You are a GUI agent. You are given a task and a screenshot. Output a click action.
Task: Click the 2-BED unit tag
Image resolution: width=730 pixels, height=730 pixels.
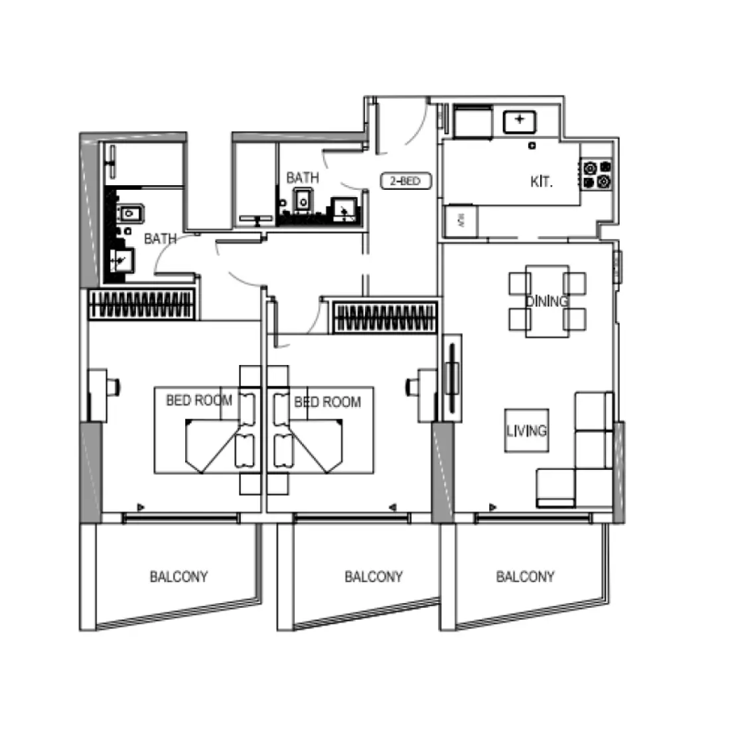tap(405, 181)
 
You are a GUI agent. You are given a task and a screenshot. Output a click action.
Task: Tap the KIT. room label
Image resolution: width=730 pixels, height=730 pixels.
tap(542, 181)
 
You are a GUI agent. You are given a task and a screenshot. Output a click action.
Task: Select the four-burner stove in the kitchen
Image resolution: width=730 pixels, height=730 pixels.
tap(596, 175)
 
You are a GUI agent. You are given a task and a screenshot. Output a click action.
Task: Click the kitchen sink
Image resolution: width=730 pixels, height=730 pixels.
tap(520, 121)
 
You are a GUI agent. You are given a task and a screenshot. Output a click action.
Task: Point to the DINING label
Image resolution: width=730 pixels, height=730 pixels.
tap(547, 301)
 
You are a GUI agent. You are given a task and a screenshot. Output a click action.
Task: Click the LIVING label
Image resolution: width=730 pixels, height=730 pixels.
tap(527, 431)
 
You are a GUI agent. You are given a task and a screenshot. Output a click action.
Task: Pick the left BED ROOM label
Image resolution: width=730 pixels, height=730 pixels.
tap(198, 400)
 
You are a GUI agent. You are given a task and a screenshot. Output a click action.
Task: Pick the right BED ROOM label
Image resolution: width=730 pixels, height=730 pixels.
tap(327, 402)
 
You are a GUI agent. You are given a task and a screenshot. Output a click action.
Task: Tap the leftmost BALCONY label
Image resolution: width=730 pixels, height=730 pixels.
tap(179, 577)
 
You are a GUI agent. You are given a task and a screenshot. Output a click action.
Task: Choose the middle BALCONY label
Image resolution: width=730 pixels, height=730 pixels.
tap(374, 577)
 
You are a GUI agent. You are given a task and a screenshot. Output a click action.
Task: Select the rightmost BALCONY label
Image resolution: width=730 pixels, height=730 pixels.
tap(524, 577)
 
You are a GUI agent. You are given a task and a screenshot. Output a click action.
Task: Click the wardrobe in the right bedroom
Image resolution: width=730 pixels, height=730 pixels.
tap(385, 317)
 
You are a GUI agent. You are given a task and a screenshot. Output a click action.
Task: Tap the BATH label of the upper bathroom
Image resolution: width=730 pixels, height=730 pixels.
tap(302, 178)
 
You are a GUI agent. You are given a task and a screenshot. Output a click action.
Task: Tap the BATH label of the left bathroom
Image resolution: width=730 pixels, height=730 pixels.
tap(160, 238)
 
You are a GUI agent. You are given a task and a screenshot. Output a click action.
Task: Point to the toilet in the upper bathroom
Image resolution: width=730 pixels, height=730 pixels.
tap(303, 199)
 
